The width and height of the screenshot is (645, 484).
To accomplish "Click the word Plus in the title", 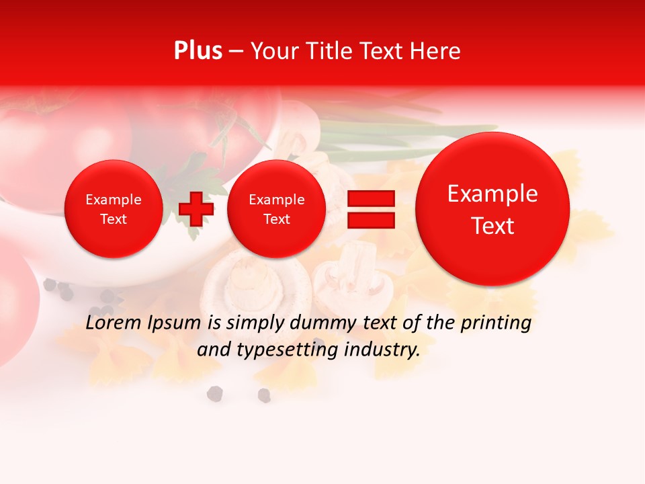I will (x=198, y=51).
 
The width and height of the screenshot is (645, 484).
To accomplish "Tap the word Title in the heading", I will (x=331, y=51).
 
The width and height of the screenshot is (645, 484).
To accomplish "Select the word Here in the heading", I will (x=435, y=51).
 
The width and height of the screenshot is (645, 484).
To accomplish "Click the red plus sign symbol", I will (x=196, y=208).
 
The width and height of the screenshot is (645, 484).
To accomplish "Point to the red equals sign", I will (x=370, y=209).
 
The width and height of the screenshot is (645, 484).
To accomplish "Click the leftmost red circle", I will (x=113, y=209).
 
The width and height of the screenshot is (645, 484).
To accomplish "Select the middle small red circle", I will (x=276, y=209).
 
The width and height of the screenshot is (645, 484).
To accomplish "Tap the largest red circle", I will (x=492, y=209).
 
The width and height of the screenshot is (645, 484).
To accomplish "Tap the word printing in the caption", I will (x=495, y=323).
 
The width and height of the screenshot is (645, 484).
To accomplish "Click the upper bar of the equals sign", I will (x=370, y=198).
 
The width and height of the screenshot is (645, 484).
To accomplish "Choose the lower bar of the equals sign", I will (x=370, y=220).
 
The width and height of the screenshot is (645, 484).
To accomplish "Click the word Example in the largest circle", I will (x=492, y=194).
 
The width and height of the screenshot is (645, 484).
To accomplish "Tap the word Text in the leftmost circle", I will (x=113, y=219).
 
